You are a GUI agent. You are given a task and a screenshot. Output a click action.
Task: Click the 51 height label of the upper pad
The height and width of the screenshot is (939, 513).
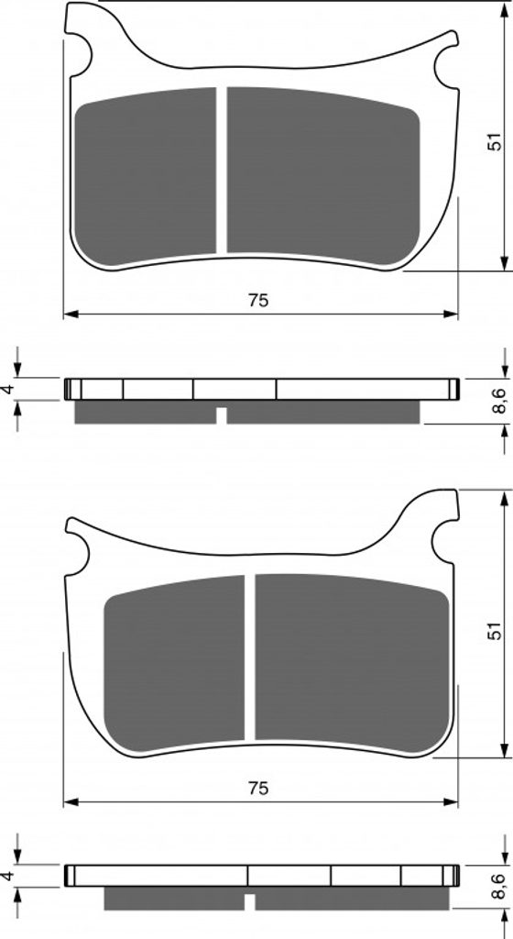tap(493, 141)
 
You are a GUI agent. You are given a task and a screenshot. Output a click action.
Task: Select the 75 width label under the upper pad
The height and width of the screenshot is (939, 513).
tap(258, 301)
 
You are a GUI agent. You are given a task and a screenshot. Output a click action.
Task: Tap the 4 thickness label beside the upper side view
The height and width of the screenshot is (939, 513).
tap(7, 389)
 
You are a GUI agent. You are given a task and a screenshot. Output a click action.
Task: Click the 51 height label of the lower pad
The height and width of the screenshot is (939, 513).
tap(493, 631)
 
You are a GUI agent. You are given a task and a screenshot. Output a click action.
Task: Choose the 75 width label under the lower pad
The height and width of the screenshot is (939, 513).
tap(258, 789)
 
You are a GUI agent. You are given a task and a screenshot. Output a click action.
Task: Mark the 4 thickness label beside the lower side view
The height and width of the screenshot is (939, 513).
tap(7, 876)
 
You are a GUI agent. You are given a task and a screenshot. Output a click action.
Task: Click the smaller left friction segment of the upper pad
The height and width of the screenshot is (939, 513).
tap(146, 176)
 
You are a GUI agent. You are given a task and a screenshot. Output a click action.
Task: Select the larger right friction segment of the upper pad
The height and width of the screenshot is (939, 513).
tap(322, 176)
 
